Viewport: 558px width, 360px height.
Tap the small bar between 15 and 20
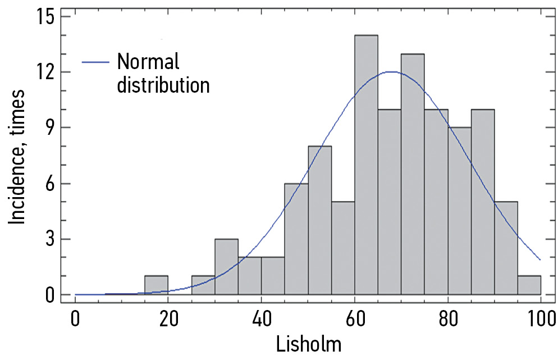click(x=156, y=285)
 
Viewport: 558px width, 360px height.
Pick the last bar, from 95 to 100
click(x=528, y=285)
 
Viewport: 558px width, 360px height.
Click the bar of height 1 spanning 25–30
click(x=203, y=285)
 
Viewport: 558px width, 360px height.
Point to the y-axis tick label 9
click(x=49, y=127)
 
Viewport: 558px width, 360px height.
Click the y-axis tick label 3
click(x=49, y=239)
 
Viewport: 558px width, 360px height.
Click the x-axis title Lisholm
click(x=309, y=344)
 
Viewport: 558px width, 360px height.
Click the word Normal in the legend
click(x=148, y=61)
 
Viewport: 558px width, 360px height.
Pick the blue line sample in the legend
click(x=95, y=62)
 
